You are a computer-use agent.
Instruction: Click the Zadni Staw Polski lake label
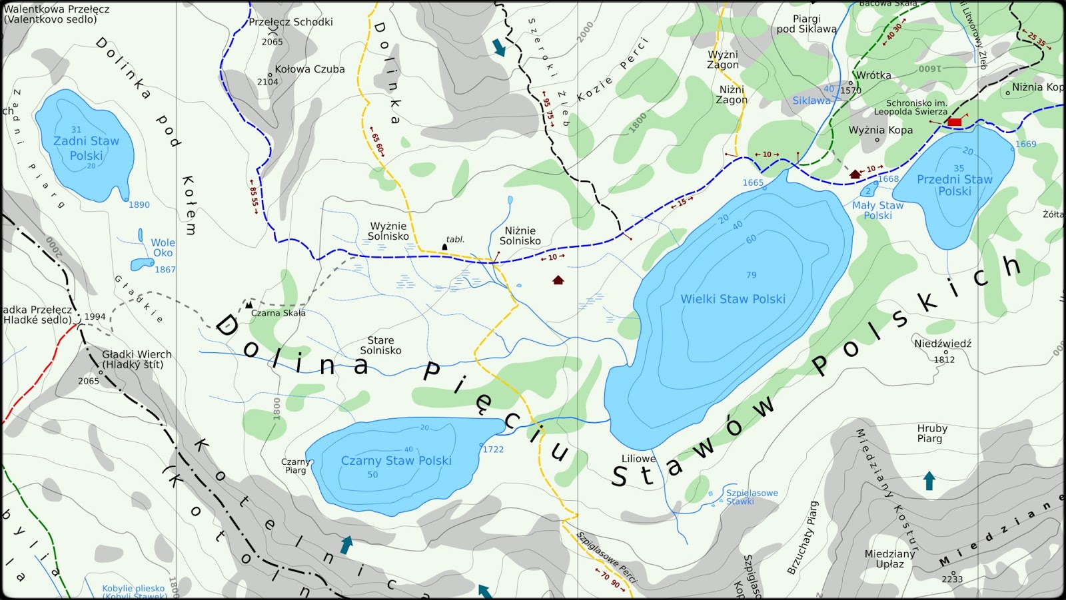(86, 148)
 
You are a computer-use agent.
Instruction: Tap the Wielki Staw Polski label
(733, 299)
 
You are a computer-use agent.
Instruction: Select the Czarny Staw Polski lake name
(396, 460)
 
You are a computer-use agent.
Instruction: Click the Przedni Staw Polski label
(954, 185)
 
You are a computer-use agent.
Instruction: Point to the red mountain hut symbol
(954, 122)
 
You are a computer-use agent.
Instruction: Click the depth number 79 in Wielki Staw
(752, 274)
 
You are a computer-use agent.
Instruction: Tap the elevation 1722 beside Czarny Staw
(493, 450)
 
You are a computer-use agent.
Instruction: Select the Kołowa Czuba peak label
(310, 69)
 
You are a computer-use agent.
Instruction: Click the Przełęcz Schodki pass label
(290, 22)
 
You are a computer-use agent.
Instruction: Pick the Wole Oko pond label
(163, 248)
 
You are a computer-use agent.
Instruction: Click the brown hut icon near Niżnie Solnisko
(558, 280)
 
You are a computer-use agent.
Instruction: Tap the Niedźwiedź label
(943, 344)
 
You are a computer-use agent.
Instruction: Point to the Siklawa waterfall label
(811, 101)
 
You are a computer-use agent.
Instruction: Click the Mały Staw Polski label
(877, 210)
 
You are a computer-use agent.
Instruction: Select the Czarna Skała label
(278, 313)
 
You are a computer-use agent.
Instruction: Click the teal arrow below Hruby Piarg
(929, 481)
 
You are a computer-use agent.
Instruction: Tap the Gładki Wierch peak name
(137, 359)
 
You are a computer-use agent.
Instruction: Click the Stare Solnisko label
(380, 345)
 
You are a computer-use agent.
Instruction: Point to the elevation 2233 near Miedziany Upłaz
(952, 579)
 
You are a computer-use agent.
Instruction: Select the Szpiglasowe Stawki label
(752, 497)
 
